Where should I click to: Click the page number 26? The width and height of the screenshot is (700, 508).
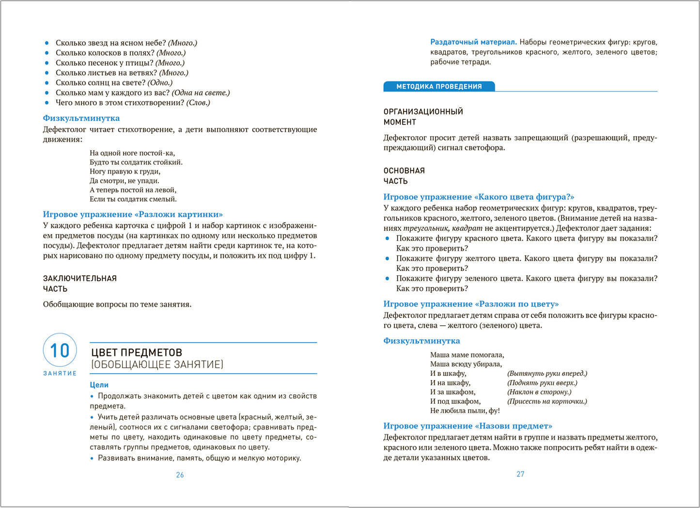point(180,475)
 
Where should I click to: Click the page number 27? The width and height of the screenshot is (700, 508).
point(520,474)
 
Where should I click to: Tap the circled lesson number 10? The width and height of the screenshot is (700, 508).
point(60,350)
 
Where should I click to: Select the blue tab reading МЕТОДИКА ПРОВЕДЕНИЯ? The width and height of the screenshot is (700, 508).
point(439,86)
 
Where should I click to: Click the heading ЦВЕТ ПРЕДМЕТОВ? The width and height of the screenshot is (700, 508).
point(137,352)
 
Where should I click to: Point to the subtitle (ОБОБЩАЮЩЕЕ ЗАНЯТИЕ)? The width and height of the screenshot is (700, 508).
point(157,365)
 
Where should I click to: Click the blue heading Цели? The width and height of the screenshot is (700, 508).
point(99,385)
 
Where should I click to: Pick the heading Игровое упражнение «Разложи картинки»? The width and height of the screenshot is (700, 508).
point(133,214)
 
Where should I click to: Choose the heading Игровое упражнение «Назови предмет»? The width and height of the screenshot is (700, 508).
point(467,426)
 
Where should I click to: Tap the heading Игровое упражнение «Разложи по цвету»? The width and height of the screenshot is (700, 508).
point(471,304)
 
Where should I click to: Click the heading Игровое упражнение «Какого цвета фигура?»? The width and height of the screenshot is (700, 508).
point(479,197)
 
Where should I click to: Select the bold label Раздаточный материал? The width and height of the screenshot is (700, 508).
point(473,42)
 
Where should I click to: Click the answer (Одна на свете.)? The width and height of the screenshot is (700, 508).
point(201,93)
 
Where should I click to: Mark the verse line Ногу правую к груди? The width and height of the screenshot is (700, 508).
point(125,172)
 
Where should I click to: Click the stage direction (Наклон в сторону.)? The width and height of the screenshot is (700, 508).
point(539,392)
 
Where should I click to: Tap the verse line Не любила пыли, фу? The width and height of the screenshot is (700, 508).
point(465,411)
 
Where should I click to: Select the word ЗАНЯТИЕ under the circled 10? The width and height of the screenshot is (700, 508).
point(60,373)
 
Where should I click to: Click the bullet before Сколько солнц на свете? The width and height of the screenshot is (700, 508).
point(47,83)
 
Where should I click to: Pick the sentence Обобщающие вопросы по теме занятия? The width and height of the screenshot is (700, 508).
point(117,304)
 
